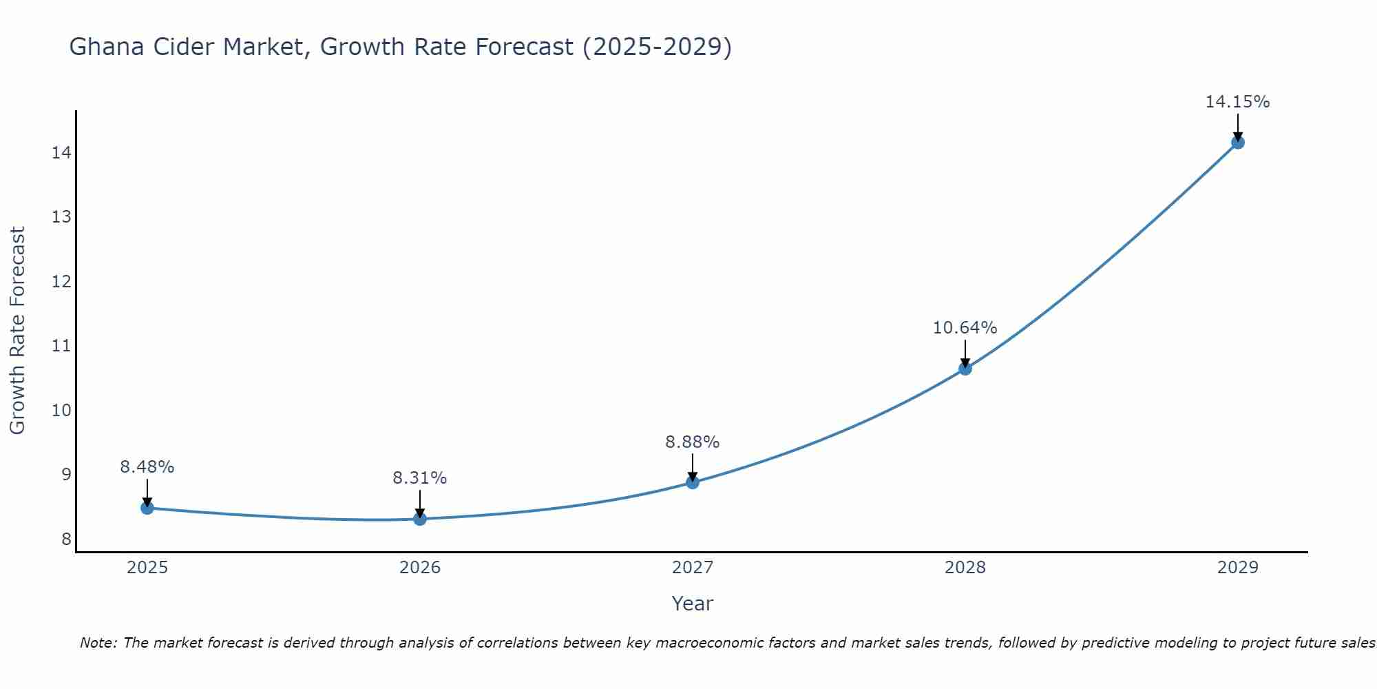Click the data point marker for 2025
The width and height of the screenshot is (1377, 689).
(x=147, y=508)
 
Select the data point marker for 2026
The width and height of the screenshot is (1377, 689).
(x=420, y=519)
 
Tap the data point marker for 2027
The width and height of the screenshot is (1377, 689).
(x=693, y=482)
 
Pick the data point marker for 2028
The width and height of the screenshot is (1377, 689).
(x=965, y=369)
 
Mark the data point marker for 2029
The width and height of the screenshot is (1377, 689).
(x=1238, y=143)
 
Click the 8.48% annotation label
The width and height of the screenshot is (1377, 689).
(x=147, y=466)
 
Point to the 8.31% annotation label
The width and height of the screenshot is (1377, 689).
(x=420, y=477)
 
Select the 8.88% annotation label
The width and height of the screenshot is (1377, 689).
(x=693, y=442)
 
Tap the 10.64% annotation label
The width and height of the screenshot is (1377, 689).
(x=965, y=327)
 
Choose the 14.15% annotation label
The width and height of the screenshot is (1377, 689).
(x=1238, y=102)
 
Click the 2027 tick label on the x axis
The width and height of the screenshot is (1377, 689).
(x=693, y=568)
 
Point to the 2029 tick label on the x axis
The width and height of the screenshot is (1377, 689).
(x=1238, y=568)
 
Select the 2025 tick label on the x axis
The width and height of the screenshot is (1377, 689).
(x=147, y=568)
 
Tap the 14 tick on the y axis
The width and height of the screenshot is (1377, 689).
(x=61, y=152)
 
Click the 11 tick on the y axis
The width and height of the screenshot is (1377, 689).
(x=61, y=346)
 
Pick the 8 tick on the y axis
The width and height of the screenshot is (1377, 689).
(x=66, y=539)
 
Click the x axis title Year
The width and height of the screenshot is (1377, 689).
(x=693, y=604)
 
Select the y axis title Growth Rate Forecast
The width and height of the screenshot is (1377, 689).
(x=18, y=331)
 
